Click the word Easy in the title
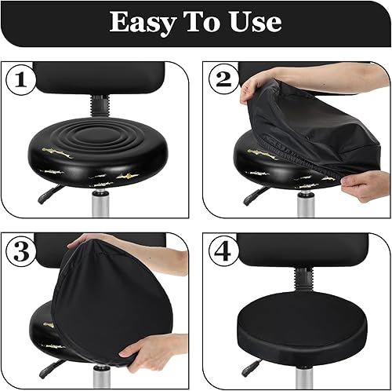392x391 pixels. point(143,24)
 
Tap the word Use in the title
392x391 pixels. point(256,22)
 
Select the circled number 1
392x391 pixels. point(20,79)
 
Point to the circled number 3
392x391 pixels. point(21,251)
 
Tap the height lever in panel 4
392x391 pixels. point(252,367)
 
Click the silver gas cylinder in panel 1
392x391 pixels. point(100,203)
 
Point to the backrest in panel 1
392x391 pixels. point(100,78)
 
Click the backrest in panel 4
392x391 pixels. point(303,250)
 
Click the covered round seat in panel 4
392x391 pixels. point(303,323)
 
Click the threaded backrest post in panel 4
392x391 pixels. point(303,280)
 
